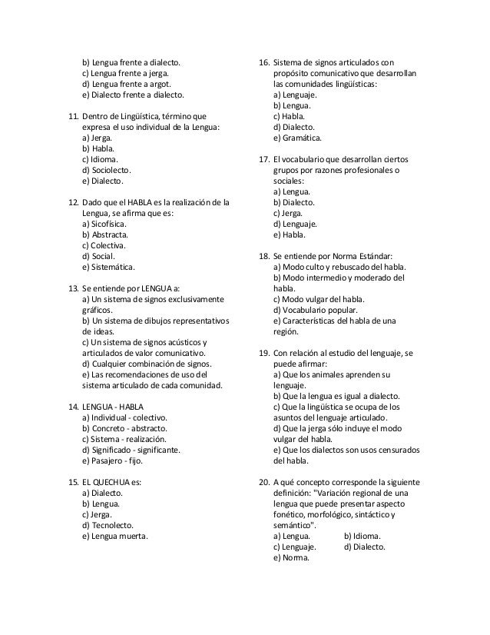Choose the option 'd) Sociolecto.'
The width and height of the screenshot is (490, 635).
[107, 171]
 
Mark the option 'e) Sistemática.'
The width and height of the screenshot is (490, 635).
[108, 268]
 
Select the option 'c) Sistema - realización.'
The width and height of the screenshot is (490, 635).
[124, 439]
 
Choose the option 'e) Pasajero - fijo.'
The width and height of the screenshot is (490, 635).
[112, 460]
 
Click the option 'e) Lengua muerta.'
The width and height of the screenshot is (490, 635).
[114, 536]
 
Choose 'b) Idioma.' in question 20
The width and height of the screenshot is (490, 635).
[363, 536]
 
